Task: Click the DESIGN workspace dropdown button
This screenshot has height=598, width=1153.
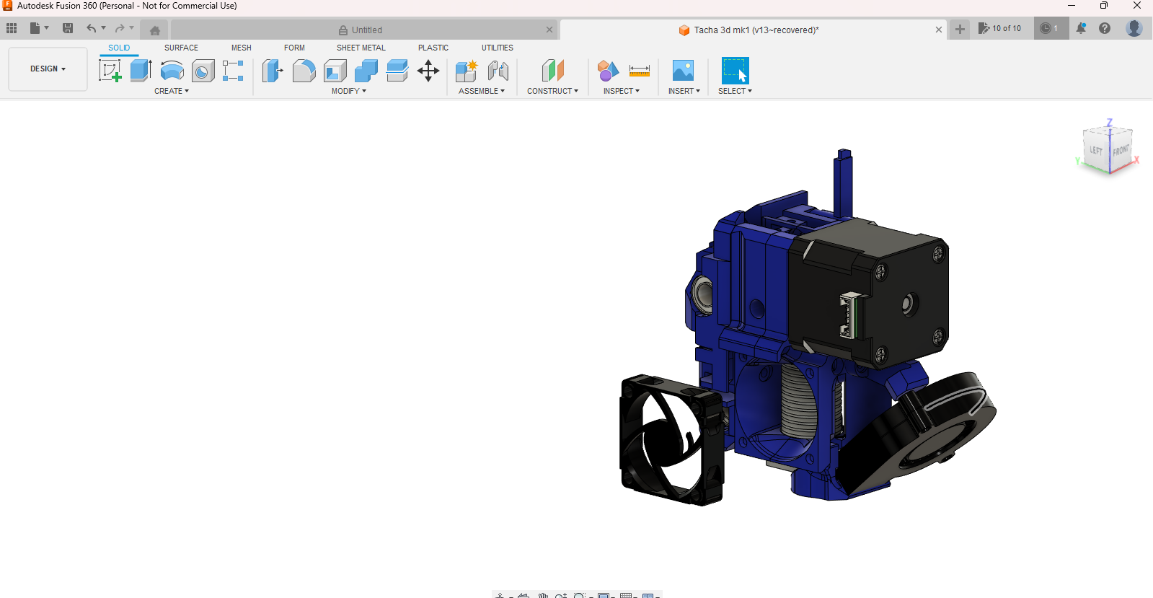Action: [x=48, y=69]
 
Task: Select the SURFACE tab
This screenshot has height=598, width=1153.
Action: [x=181, y=48]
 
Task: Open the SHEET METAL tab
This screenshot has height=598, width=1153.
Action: [x=361, y=48]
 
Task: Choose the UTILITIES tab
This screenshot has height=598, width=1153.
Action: [x=497, y=48]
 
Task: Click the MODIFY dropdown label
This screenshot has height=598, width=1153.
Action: [x=349, y=91]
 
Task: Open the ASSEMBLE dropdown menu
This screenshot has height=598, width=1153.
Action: [x=482, y=91]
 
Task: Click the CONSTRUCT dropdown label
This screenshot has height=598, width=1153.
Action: [x=552, y=91]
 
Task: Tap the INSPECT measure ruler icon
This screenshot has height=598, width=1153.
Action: [x=639, y=71]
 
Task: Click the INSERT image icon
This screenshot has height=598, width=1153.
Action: [x=683, y=71]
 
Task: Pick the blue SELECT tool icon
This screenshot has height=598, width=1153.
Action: [x=735, y=71]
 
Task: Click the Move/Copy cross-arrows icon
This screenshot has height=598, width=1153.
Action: [x=428, y=71]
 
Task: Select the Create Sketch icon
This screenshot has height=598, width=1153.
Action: [x=110, y=71]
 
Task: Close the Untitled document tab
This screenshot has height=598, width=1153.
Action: [x=549, y=30]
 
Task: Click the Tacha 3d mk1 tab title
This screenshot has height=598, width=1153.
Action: [x=756, y=30]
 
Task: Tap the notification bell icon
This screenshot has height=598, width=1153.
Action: [x=1081, y=28]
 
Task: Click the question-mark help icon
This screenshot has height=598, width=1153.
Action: [x=1105, y=28]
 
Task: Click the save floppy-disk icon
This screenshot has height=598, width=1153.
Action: [x=68, y=28]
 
